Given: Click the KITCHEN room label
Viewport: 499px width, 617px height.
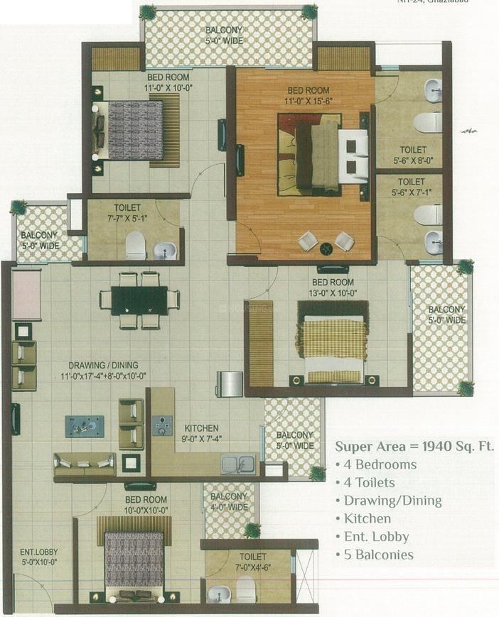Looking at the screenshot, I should click(x=201, y=428).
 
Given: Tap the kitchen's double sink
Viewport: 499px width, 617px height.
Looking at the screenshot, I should click(x=238, y=464).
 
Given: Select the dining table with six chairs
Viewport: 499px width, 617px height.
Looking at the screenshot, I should click(x=139, y=300).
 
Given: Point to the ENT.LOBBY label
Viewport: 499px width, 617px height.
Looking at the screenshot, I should click(x=39, y=552).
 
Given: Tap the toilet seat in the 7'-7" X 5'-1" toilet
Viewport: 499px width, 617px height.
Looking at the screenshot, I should click(x=135, y=246).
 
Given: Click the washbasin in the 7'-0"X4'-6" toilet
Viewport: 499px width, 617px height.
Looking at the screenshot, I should click(x=219, y=594).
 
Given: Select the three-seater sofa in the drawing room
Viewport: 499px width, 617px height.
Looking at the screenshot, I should click(x=85, y=464).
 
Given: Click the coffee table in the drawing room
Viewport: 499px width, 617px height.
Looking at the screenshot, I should click(x=85, y=425).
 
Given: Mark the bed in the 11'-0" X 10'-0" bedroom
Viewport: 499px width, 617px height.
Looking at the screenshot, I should click(x=135, y=130).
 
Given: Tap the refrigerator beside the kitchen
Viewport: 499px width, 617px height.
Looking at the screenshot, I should click(x=230, y=383).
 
